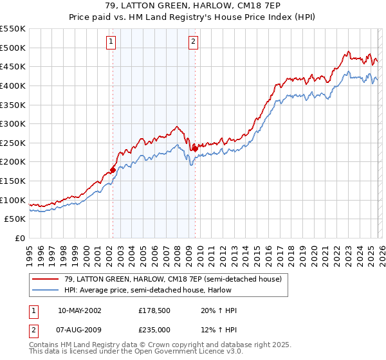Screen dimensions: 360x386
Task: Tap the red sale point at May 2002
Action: click(113, 170)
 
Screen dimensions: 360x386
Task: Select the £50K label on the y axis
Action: click(15, 219)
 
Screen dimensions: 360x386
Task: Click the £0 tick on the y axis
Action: click(21, 238)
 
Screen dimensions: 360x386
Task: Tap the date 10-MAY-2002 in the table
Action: click(79, 310)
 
